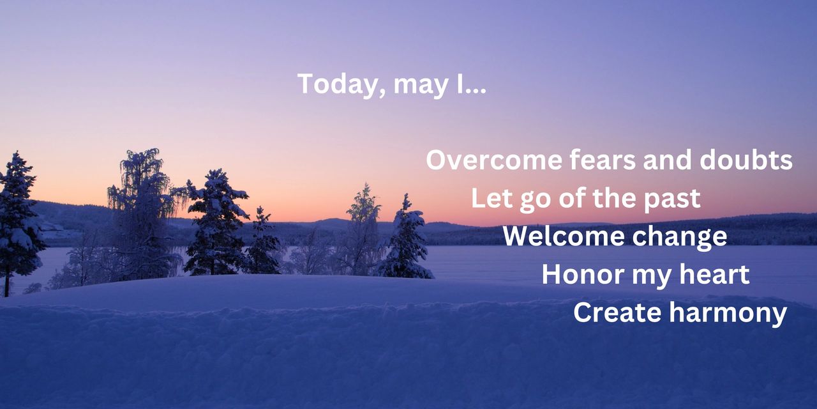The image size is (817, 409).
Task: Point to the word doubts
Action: point(746,160)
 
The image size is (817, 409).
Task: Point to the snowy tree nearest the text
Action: point(406,240)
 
